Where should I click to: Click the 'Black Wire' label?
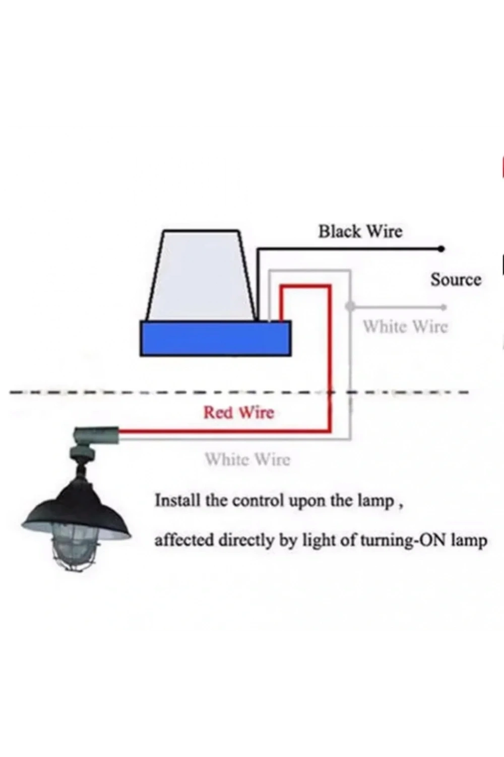[360, 232]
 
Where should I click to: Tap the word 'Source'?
[456, 280]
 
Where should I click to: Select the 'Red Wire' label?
[239, 412]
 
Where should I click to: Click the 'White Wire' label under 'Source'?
[405, 327]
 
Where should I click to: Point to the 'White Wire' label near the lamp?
[248, 459]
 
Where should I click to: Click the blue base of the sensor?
[215, 338]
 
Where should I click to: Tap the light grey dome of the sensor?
[201, 276]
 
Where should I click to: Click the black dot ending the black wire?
[441, 249]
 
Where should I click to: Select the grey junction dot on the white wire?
[350, 306]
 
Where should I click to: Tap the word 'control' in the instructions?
[258, 501]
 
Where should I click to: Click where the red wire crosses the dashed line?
[329, 392]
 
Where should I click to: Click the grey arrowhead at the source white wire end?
[444, 307]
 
